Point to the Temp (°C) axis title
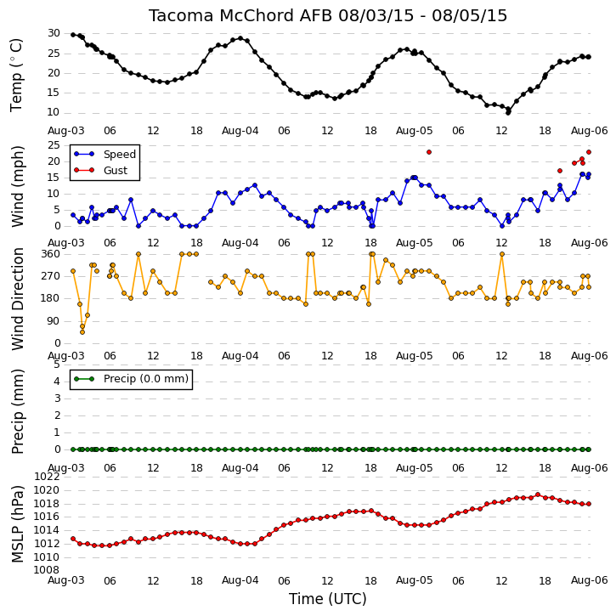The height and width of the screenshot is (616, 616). click(x=16, y=75)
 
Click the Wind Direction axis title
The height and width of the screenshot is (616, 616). click(x=18, y=299)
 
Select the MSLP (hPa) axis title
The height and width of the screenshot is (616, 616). click(x=18, y=524)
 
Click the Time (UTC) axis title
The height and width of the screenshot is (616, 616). click(x=328, y=599)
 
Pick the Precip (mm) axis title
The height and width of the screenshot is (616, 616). click(x=18, y=412)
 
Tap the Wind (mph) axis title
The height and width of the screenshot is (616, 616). click(x=18, y=186)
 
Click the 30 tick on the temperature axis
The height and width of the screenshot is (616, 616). click(x=54, y=33)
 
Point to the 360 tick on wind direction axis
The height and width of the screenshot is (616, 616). click(x=51, y=254)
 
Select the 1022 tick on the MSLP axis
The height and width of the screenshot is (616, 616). click(x=47, y=477)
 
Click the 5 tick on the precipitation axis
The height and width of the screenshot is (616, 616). click(x=57, y=365)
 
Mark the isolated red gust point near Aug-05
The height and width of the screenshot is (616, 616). click(x=429, y=152)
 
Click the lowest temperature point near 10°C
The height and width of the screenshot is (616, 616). click(x=508, y=113)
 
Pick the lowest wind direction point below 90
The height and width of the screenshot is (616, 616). click(x=82, y=332)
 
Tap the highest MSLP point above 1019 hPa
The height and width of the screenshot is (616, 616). click(x=538, y=494)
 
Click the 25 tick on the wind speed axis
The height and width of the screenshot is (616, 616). click(x=54, y=145)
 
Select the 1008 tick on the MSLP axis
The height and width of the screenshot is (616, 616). click(x=47, y=570)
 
